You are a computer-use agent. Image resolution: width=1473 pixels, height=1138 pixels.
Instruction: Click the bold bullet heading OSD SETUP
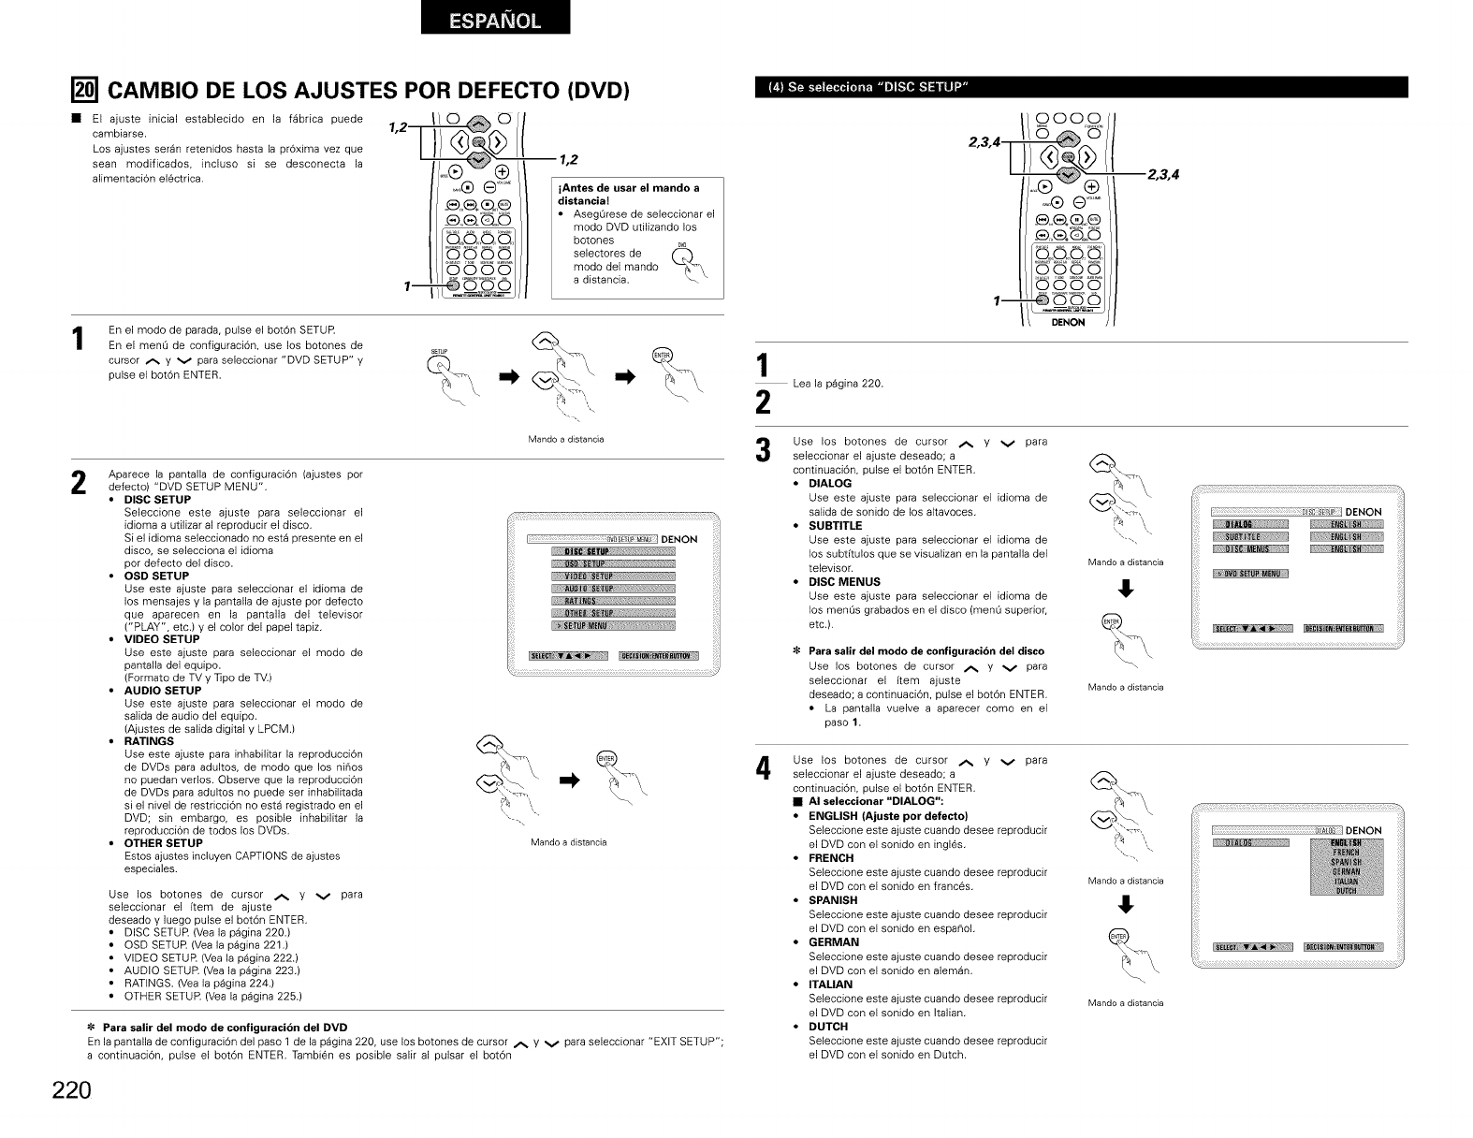156,576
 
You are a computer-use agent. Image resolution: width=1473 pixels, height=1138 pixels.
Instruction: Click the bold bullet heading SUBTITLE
835,526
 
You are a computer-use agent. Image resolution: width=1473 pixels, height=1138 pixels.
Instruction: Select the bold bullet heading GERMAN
834,942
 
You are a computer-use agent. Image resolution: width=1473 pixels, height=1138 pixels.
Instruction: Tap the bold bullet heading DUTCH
828,1027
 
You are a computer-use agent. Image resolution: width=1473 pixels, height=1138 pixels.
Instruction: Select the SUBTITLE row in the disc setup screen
1249,536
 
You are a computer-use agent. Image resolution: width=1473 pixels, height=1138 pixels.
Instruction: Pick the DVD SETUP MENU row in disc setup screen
1249,574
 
